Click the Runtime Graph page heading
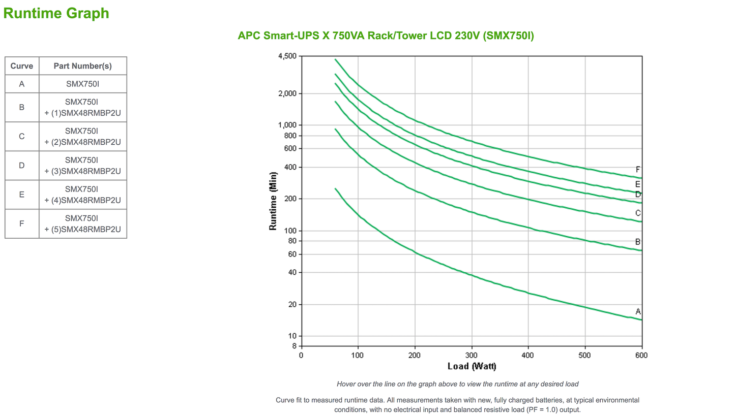tap(56, 13)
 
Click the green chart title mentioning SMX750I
tap(386, 36)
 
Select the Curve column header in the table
tap(22, 66)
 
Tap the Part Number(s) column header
tap(83, 66)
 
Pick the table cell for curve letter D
tap(22, 166)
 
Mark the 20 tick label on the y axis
tap(291, 305)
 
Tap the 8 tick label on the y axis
tap(293, 346)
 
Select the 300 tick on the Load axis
tap(472, 356)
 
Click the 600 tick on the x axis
tap(641, 356)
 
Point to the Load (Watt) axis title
tap(472, 366)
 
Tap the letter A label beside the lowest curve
tap(638, 311)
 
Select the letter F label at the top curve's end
tap(638, 170)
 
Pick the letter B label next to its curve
tap(638, 242)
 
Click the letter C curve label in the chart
tap(638, 213)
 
